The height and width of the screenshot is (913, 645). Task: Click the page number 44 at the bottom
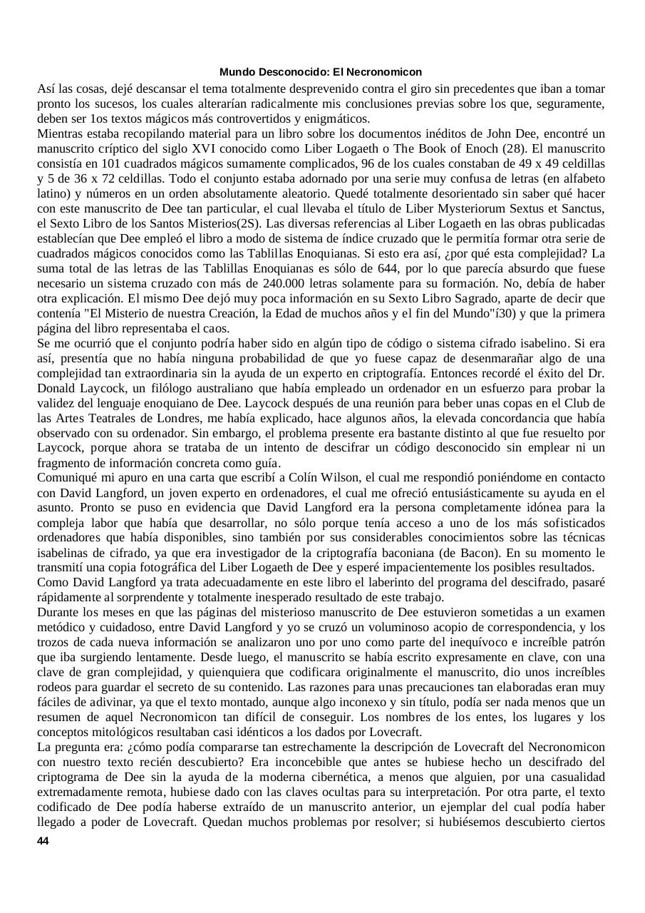[43, 842]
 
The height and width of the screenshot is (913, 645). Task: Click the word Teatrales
[125, 418]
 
